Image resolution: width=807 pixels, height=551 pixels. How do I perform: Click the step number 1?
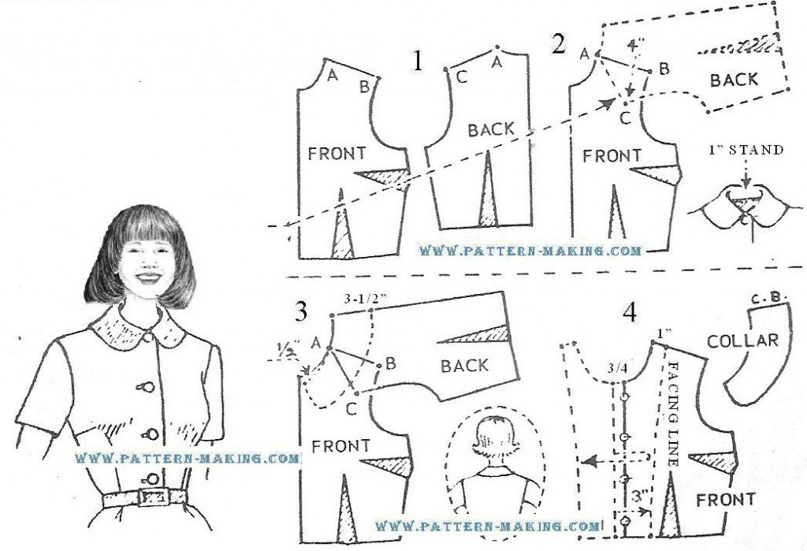click(x=418, y=61)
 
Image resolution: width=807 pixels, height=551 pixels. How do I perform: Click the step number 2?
click(x=558, y=44)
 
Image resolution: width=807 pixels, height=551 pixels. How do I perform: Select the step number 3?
click(x=301, y=311)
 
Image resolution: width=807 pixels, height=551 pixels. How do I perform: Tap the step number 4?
click(x=630, y=313)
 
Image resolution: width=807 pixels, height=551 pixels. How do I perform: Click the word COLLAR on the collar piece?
click(x=742, y=341)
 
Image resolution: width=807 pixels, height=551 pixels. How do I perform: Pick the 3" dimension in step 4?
click(x=639, y=497)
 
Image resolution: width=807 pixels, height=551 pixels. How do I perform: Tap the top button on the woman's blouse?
click(x=147, y=337)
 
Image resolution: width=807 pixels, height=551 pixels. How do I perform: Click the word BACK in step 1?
click(x=491, y=130)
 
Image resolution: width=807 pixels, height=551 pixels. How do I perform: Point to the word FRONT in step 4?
click(x=725, y=500)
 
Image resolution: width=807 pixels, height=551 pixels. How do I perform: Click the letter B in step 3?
click(x=390, y=363)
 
